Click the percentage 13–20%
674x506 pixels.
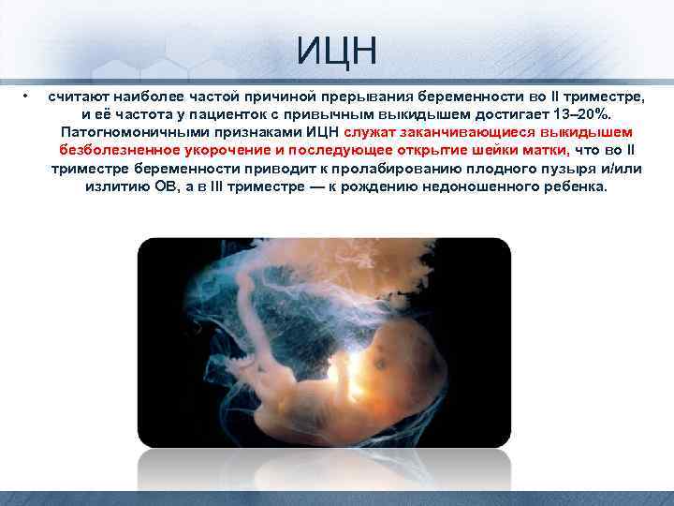point(573,114)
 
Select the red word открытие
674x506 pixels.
point(432,150)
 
